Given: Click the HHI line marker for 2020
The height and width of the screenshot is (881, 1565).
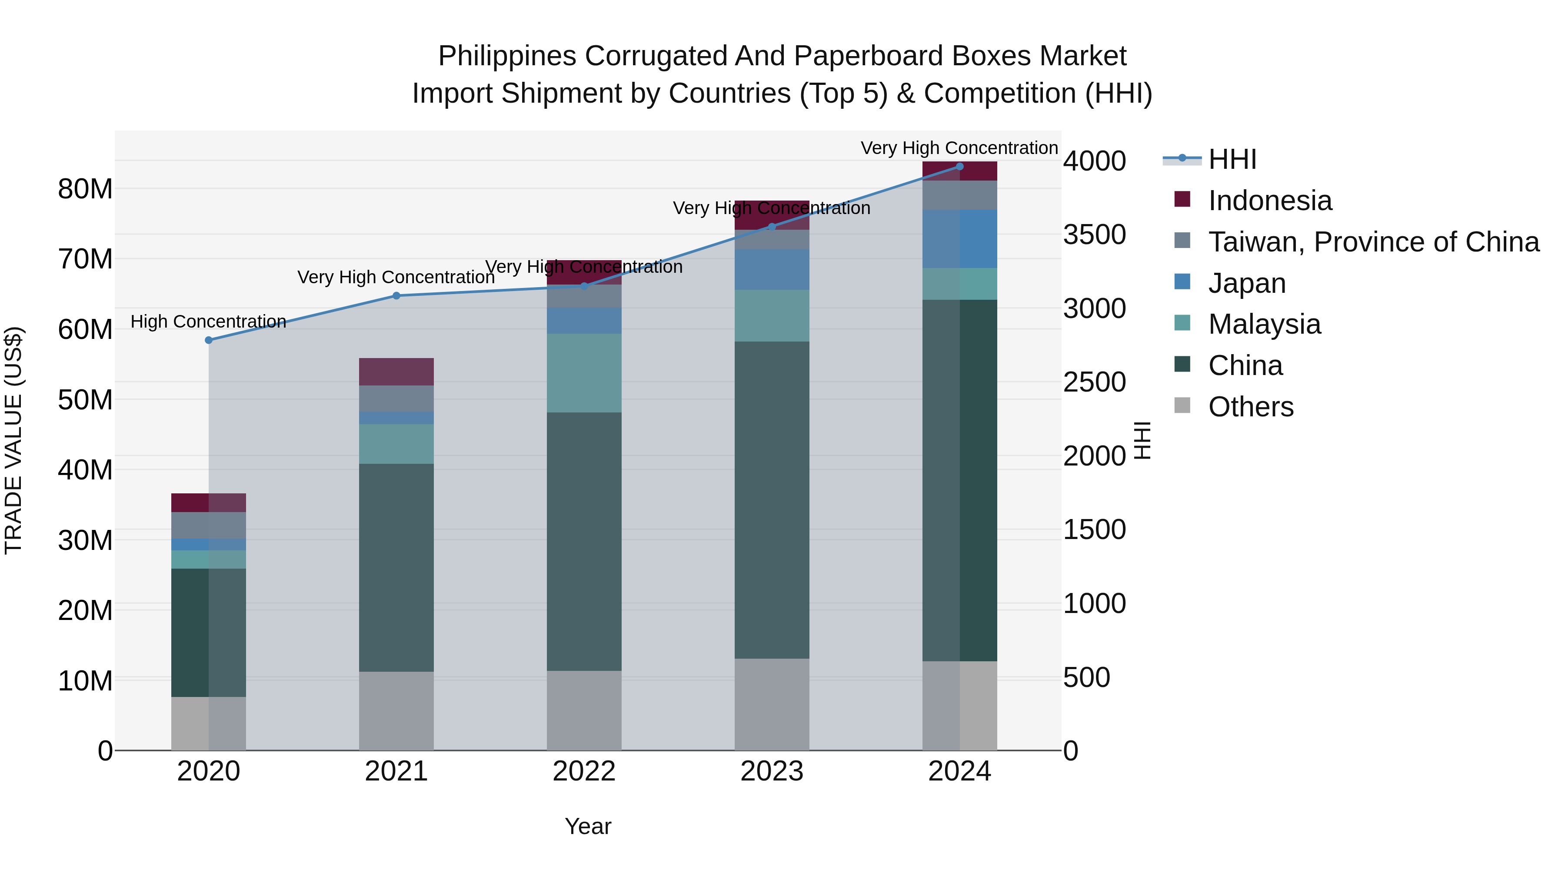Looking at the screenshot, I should point(208,340).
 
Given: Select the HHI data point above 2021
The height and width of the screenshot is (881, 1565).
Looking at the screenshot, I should point(396,295).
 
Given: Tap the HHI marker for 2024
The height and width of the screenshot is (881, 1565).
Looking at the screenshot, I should point(959,167).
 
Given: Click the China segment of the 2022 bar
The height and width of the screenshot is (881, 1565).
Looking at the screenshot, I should point(584,541).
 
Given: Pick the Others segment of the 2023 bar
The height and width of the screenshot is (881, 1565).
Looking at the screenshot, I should point(772,704).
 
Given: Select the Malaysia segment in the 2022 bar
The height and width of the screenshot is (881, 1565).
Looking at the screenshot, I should point(584,373).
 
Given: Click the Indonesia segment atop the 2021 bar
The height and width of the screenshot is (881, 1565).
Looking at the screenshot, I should point(396,372).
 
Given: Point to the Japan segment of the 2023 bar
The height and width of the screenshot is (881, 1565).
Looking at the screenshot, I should point(772,269).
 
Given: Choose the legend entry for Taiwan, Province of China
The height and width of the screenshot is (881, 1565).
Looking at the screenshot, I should point(1373,241).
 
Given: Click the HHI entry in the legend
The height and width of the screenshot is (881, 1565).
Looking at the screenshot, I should point(1232,159).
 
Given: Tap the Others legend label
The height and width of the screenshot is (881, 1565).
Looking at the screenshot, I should point(1250,406).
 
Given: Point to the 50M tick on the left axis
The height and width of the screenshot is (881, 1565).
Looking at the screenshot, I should point(85,399).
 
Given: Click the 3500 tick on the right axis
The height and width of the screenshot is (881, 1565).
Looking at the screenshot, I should point(1094,234).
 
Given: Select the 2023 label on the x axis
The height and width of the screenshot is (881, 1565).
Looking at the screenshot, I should point(772,771).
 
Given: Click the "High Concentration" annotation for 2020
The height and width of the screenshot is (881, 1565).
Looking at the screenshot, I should point(208,321).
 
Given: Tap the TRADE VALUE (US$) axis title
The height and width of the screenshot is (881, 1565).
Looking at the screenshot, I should point(13,440).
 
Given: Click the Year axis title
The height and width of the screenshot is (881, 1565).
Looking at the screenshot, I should point(587,826).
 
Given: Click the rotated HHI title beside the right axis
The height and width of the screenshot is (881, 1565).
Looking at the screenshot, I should point(1142,440).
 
